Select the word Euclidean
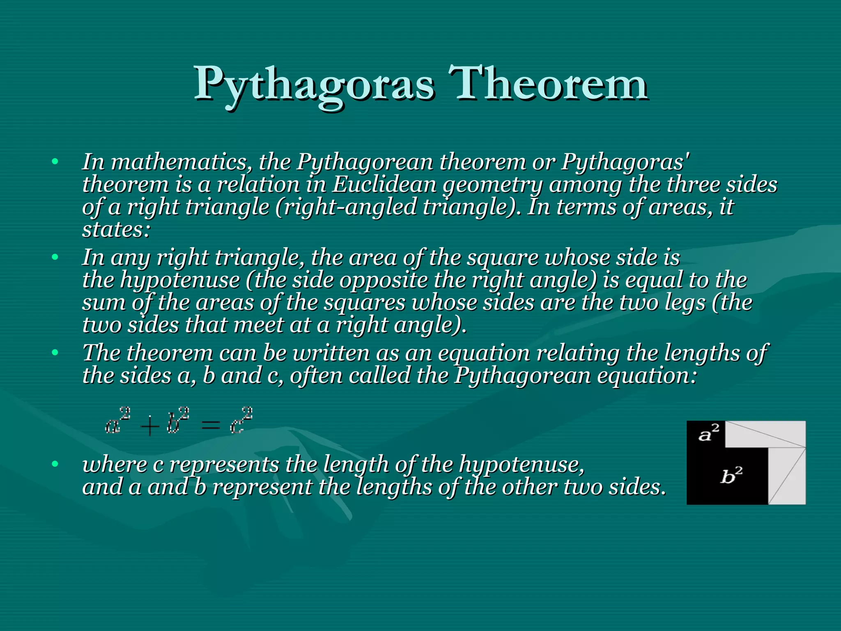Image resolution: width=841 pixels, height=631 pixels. coord(384,184)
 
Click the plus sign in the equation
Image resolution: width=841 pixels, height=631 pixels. coord(149,427)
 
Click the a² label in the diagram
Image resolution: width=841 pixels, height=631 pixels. coord(709,433)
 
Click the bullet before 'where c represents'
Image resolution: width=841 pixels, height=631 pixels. coord(55,464)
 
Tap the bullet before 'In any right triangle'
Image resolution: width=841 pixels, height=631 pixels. coord(55,258)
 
